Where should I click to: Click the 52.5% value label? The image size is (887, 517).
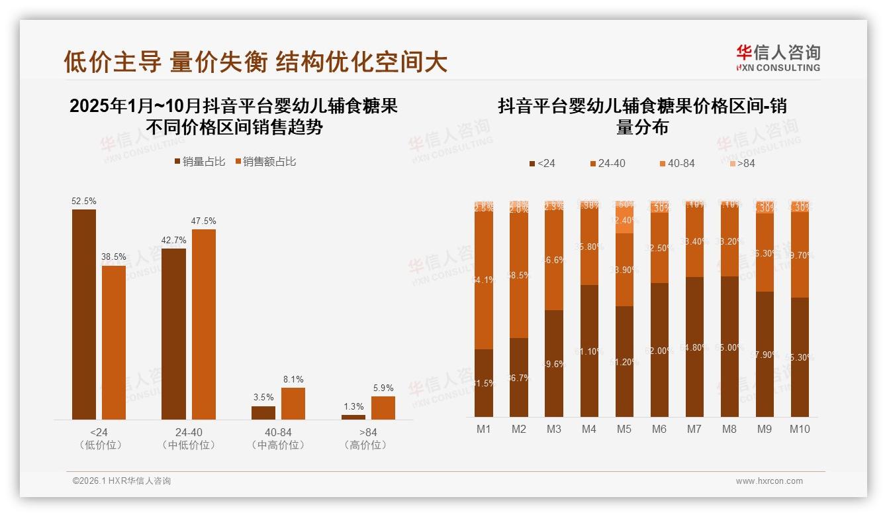click(x=84, y=201)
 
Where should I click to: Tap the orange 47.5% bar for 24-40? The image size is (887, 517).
click(x=203, y=324)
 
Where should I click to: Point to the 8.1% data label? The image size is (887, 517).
click(x=293, y=380)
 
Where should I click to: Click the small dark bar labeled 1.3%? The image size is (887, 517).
click(x=353, y=417)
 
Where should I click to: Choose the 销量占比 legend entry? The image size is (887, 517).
click(x=200, y=161)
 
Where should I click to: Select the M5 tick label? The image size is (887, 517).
click(x=624, y=429)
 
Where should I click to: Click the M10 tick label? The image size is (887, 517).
click(x=800, y=429)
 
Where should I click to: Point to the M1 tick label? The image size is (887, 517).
click(x=484, y=429)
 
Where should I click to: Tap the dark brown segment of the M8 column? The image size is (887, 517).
click(x=729, y=348)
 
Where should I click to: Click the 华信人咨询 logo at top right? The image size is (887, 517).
click(x=778, y=58)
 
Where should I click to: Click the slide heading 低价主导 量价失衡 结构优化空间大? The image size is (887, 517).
click(x=256, y=62)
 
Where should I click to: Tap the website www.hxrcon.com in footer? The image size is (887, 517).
click(x=769, y=481)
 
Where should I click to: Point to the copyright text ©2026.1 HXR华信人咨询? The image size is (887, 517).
click(x=122, y=481)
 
